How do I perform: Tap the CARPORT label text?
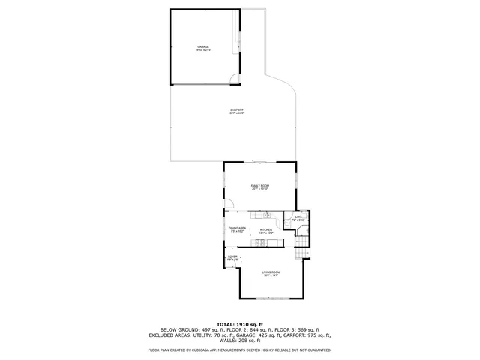click(x=237, y=111)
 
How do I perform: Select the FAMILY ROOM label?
click(x=260, y=185)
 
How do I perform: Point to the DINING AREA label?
click(x=238, y=227)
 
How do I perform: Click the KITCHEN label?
click(x=266, y=230)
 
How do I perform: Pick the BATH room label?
click(x=298, y=217)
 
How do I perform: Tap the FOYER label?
click(x=232, y=257)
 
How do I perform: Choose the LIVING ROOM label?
click(x=271, y=271)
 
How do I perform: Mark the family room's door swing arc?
click(x=230, y=203)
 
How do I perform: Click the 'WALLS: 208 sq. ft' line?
click(x=240, y=340)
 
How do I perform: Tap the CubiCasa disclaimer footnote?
click(x=240, y=349)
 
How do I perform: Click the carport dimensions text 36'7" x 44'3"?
click(x=237, y=114)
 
